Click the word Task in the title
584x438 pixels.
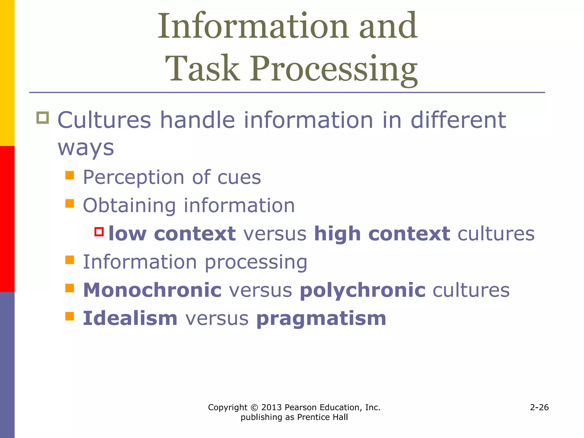coord(202,68)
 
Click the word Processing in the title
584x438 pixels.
coord(334,70)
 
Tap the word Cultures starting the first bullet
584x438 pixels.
coord(104,120)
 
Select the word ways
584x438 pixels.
coord(86,148)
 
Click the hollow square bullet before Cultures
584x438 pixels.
coord(42,117)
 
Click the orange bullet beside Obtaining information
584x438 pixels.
coord(70,203)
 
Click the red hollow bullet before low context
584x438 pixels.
coord(99,232)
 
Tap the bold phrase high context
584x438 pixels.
coord(382,234)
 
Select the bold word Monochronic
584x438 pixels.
coord(152,290)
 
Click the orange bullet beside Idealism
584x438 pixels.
coord(70,316)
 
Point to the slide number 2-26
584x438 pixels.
coord(539,407)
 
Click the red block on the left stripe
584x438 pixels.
coord(7,219)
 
